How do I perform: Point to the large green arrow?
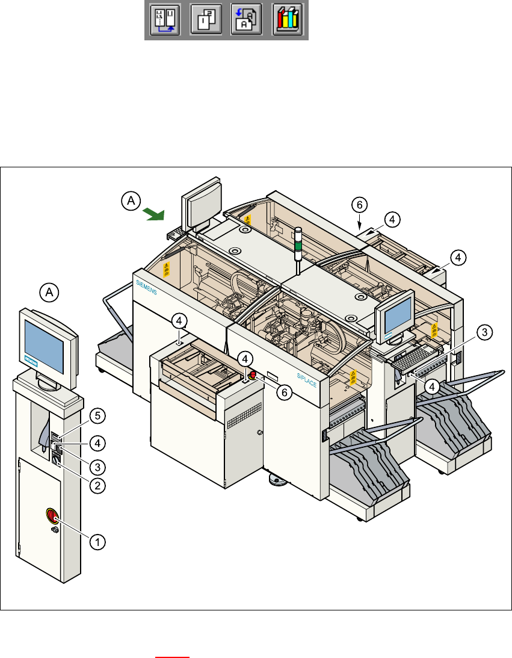(154, 213)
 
